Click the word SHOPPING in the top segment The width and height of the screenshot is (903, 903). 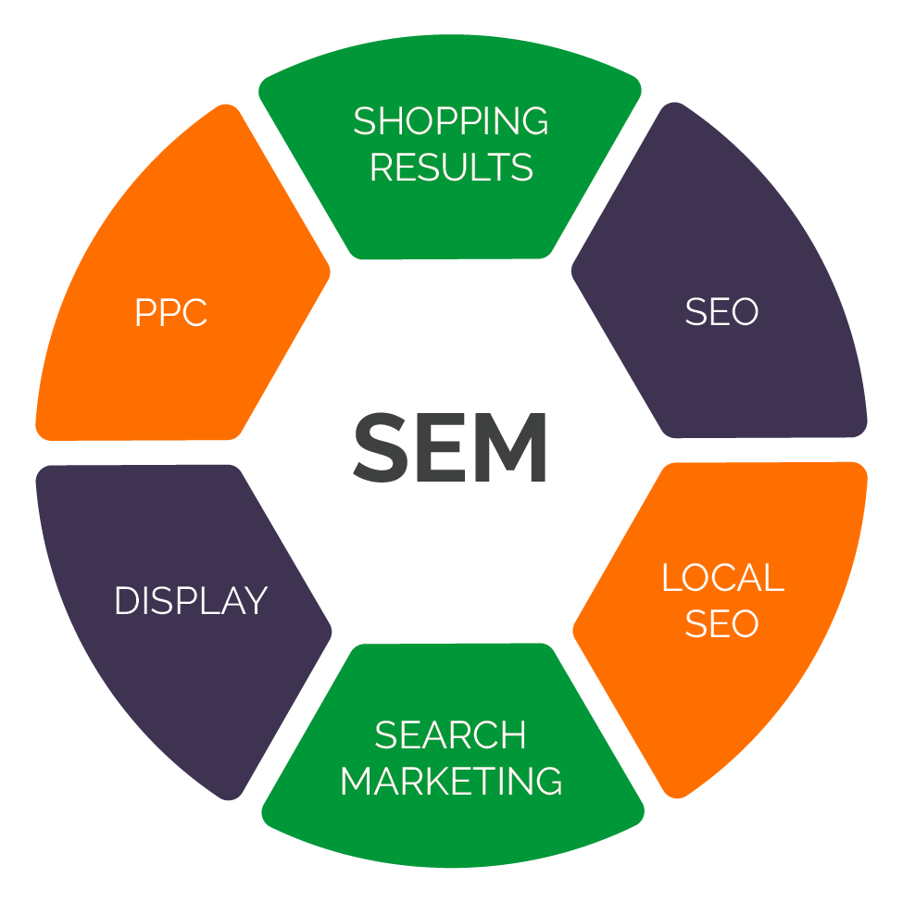coord(451,121)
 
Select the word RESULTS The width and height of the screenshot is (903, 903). coord(452,167)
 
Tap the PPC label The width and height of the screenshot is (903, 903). coord(171,313)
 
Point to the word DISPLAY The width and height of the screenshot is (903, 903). coord(191,601)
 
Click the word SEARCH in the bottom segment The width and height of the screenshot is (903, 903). coord(450,734)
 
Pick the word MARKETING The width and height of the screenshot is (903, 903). coord(451,781)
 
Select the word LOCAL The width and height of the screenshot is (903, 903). coord(722,577)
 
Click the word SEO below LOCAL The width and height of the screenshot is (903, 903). coord(721,623)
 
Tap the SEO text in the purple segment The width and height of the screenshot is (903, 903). coord(721,311)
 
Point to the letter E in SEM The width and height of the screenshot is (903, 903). coord(442,447)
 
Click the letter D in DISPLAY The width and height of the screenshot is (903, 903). coord(128,601)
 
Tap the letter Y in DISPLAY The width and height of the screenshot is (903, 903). coord(256,601)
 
